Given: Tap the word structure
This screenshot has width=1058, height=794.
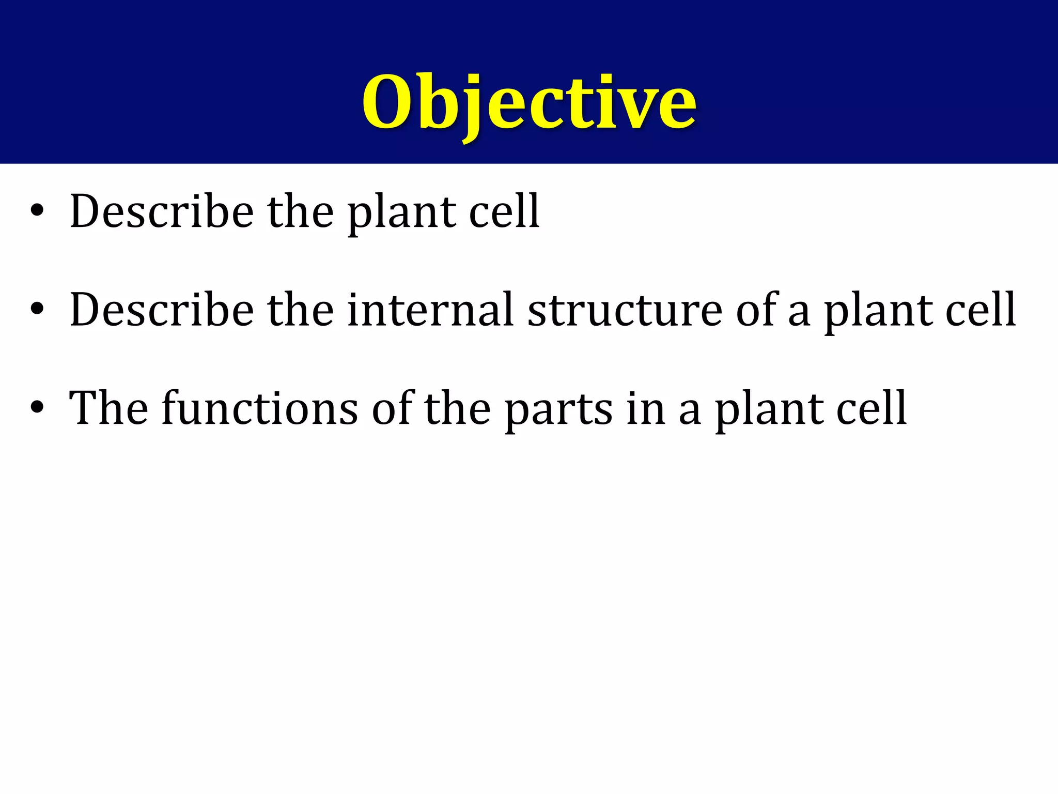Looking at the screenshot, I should (625, 310).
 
